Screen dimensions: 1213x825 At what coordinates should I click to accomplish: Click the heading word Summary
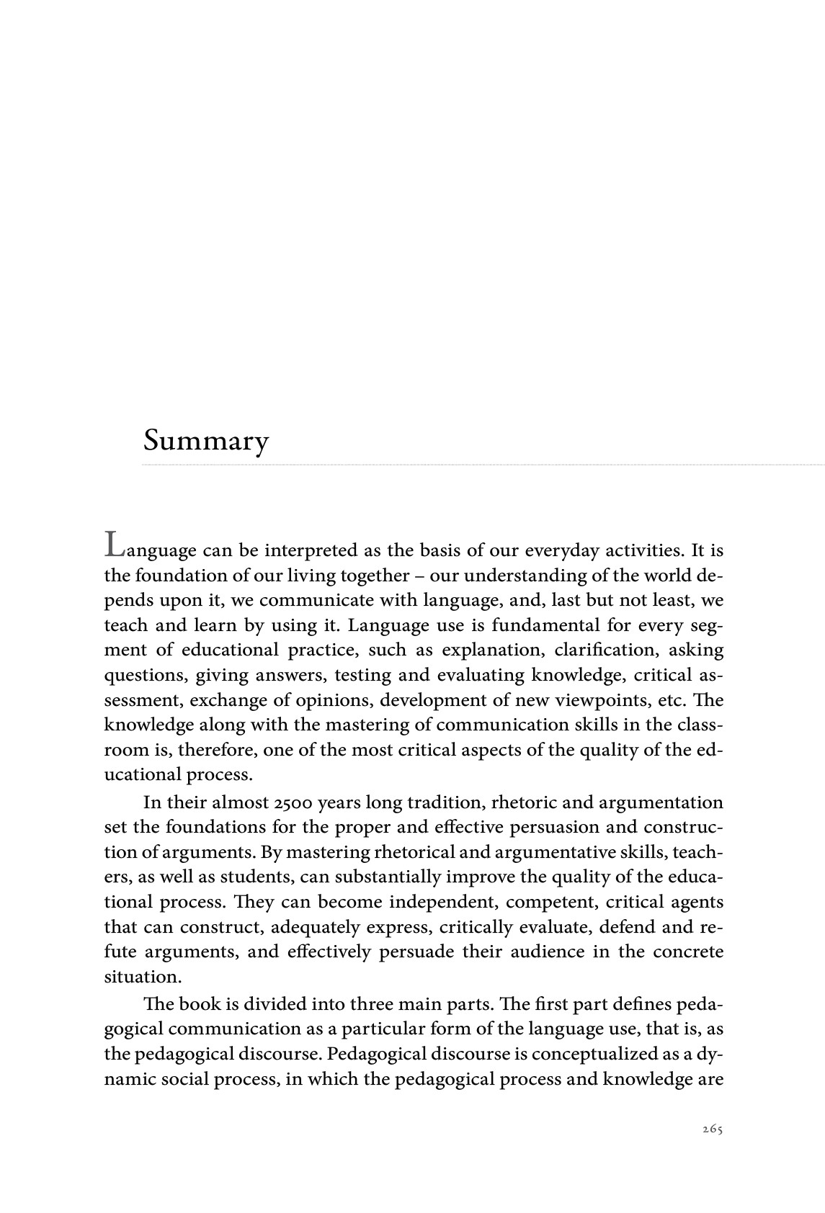205,440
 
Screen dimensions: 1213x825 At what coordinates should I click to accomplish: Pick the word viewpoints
594,699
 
